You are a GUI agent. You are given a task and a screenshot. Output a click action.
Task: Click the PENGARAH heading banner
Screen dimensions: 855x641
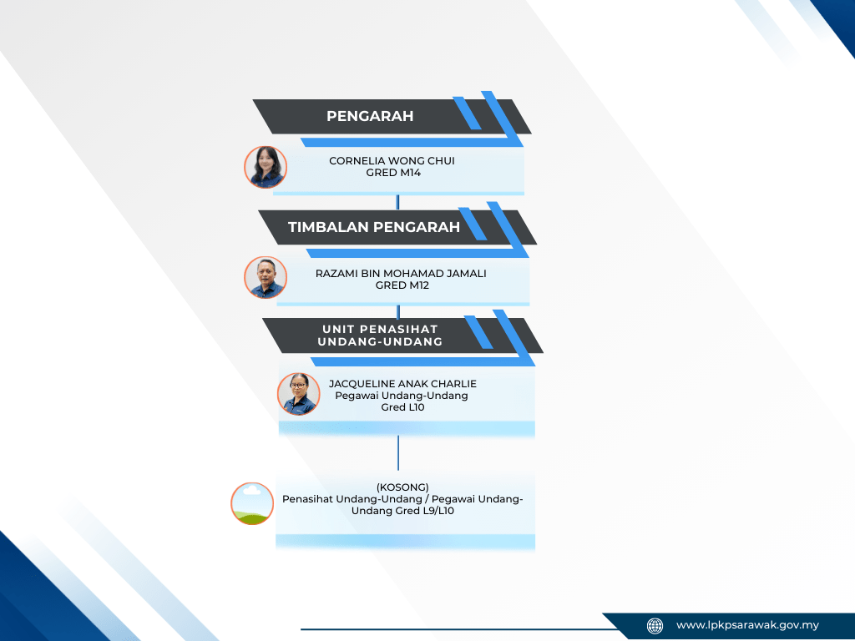(x=392, y=116)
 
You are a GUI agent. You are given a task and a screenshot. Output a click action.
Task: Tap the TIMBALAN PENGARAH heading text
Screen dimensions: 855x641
(x=374, y=227)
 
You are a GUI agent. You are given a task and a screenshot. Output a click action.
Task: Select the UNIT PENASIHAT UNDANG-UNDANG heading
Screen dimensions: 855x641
(x=380, y=336)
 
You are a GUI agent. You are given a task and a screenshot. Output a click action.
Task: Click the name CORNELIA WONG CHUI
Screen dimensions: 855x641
(x=392, y=161)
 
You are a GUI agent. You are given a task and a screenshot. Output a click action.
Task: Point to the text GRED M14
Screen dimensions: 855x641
(x=393, y=173)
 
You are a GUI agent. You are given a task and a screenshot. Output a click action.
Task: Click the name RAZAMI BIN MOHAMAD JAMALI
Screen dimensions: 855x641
(x=401, y=274)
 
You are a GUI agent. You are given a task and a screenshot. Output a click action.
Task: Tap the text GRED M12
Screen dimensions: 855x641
(x=402, y=285)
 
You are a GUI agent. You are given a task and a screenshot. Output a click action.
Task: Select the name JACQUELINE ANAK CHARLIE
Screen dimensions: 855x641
(x=402, y=384)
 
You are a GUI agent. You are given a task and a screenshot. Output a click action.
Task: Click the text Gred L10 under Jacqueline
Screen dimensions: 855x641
(x=402, y=407)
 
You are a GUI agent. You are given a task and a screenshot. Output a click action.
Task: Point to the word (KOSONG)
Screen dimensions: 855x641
(x=402, y=487)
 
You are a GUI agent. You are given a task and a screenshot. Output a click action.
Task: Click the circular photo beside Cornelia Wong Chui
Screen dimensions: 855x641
(x=266, y=167)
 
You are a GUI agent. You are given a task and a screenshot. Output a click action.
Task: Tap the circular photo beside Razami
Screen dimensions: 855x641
(x=266, y=277)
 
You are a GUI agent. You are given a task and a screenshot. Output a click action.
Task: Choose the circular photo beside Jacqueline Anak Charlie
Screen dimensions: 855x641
(x=299, y=394)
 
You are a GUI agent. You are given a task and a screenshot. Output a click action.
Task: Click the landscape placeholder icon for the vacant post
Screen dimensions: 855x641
(x=252, y=503)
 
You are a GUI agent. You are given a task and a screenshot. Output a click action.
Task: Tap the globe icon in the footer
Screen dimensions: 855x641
(x=655, y=626)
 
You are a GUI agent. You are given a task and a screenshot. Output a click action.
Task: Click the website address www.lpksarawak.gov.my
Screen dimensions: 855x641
(x=747, y=625)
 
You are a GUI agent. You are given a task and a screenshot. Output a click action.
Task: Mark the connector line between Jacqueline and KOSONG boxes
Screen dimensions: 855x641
(x=398, y=453)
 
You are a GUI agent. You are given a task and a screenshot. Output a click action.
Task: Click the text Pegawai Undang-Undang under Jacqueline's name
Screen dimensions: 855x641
(x=402, y=396)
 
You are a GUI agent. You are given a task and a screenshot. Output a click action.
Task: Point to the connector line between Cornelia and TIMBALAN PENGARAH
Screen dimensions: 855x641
(x=397, y=202)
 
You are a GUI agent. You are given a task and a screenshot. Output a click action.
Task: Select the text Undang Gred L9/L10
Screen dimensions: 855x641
(x=402, y=511)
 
